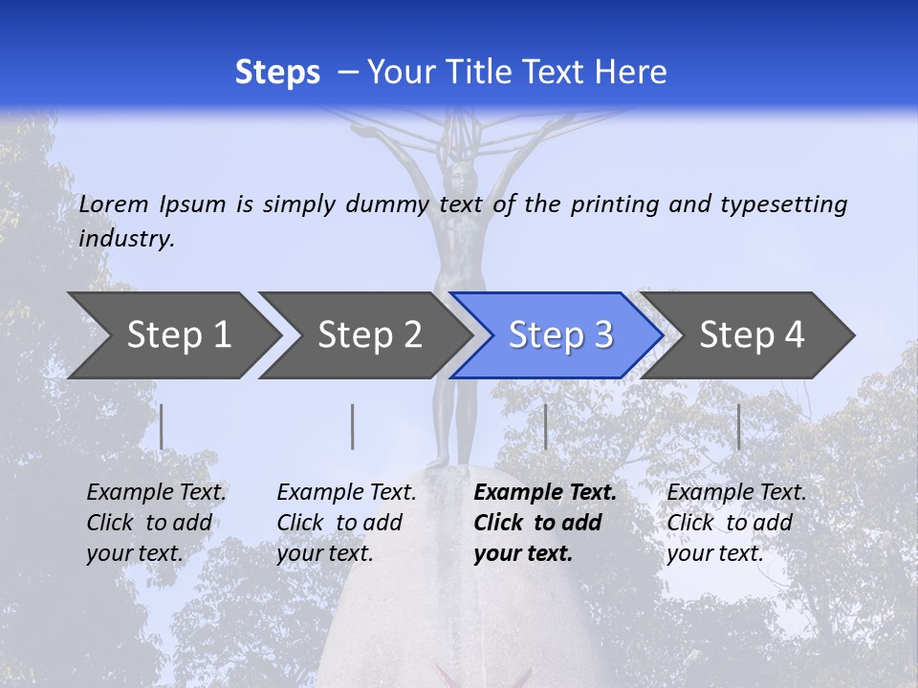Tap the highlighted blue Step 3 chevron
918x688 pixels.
[559, 335]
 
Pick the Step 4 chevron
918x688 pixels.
[751, 335]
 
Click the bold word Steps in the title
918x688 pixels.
[277, 73]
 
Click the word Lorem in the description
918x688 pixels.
[114, 204]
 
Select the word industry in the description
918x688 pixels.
[126, 239]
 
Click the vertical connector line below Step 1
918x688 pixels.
[162, 426]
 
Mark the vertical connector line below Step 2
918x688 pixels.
[353, 426]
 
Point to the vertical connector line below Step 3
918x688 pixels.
[545, 426]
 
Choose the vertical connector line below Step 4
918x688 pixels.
[738, 426]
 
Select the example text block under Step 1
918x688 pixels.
[156, 523]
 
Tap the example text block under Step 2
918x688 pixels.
[346, 523]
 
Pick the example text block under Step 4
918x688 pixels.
[736, 523]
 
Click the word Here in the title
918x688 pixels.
[630, 73]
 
